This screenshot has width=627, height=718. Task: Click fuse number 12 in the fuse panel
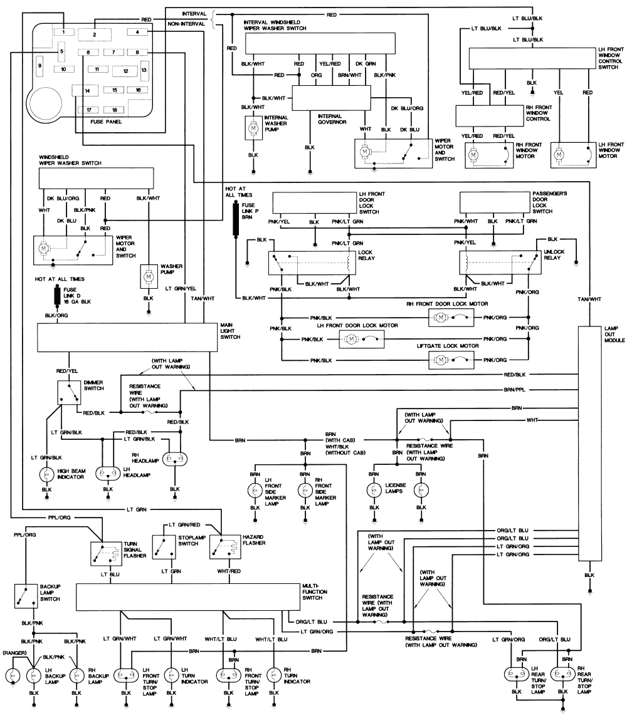[125, 71]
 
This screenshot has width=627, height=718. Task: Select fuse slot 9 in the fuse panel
[40, 65]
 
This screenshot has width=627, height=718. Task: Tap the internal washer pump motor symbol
[253, 128]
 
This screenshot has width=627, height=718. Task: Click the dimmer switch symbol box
[69, 393]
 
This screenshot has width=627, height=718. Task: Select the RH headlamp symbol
[176, 459]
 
